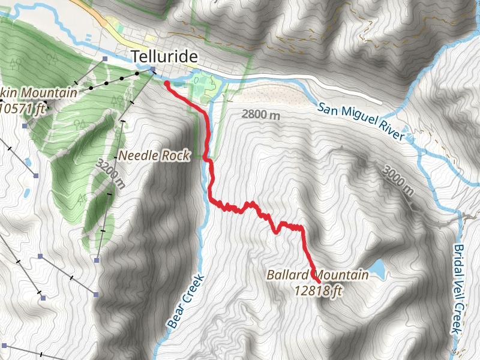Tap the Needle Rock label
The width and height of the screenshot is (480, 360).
(x=154, y=155)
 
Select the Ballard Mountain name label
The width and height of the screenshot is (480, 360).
(x=317, y=275)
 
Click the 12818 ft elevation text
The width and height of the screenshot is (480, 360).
(x=318, y=291)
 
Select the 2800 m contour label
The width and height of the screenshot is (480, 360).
(x=261, y=114)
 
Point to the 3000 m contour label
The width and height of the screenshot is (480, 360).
(x=397, y=181)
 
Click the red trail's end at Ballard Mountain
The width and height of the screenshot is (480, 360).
(x=317, y=281)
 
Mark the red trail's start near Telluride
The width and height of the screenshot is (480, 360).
(x=166, y=84)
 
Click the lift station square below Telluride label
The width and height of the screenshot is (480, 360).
(x=153, y=69)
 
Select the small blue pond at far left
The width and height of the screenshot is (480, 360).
(x=27, y=193)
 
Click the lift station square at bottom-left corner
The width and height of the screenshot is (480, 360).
(x=4, y=346)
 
